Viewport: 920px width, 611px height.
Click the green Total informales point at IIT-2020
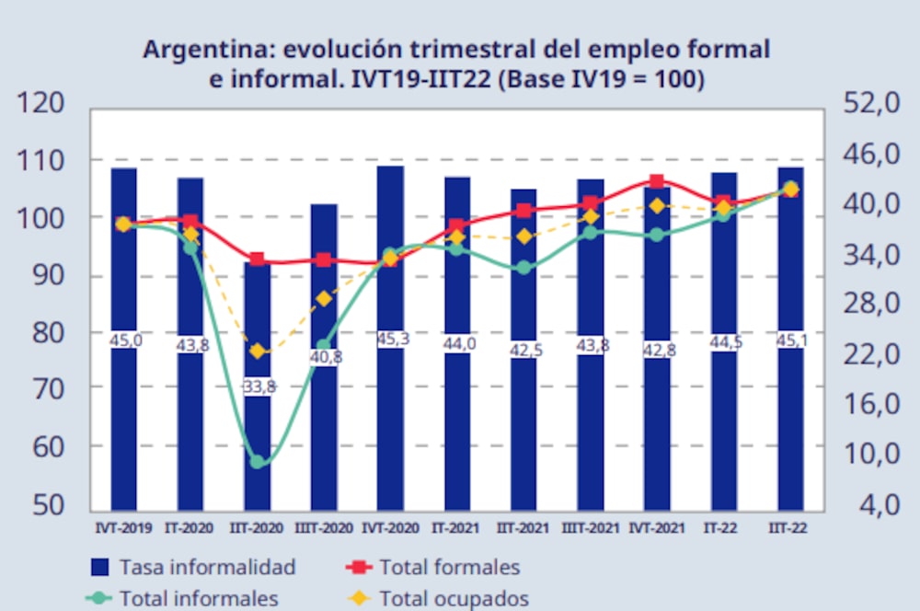258,462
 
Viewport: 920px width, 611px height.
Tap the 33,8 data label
258,387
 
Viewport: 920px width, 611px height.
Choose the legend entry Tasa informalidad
193,567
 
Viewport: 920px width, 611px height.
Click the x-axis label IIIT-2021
590,528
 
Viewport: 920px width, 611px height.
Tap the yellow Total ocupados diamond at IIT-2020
258,352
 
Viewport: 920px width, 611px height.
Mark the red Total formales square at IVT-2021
657,182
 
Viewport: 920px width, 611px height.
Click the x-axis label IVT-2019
124,528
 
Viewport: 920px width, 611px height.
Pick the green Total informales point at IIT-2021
523,268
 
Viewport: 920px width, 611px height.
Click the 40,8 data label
325,356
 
